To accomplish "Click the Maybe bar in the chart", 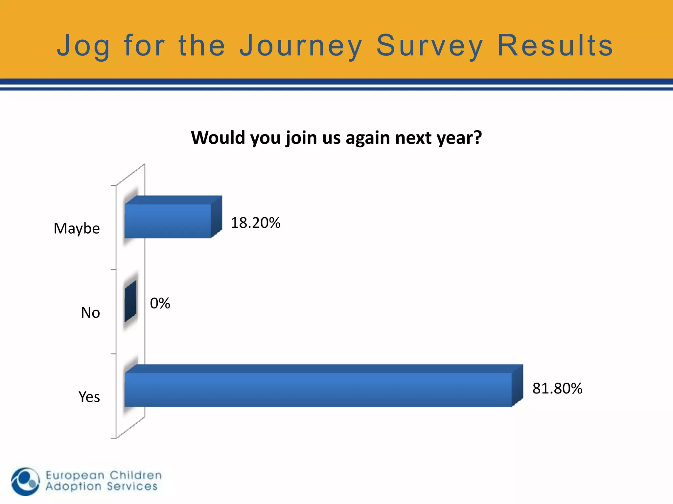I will (168, 220).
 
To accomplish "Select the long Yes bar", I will (318, 389).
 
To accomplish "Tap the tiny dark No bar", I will (130, 301).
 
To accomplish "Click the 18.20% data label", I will (255, 223).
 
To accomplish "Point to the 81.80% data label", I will (557, 388).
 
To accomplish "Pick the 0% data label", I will (160, 303).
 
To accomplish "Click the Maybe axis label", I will (77, 228).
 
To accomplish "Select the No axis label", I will (90, 313).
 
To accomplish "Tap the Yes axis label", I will (89, 397).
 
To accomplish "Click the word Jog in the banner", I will (83, 46).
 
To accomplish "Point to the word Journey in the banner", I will (300, 46).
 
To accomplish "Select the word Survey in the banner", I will (429, 46).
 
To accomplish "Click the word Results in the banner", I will (555, 46).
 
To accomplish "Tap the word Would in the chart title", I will (218, 137).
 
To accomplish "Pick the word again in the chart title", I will (368, 138).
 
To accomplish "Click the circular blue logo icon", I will (25, 481).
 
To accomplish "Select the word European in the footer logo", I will (75, 475).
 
